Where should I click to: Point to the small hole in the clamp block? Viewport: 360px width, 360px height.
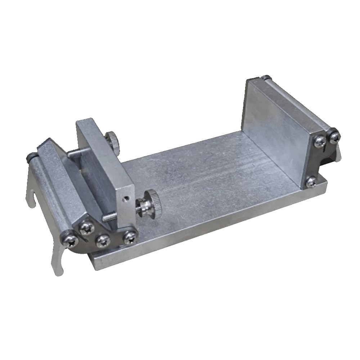click(125, 197)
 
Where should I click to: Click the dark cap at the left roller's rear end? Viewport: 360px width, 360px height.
click(30, 157)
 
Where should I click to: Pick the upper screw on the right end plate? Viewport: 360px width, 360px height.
click(319, 142)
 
